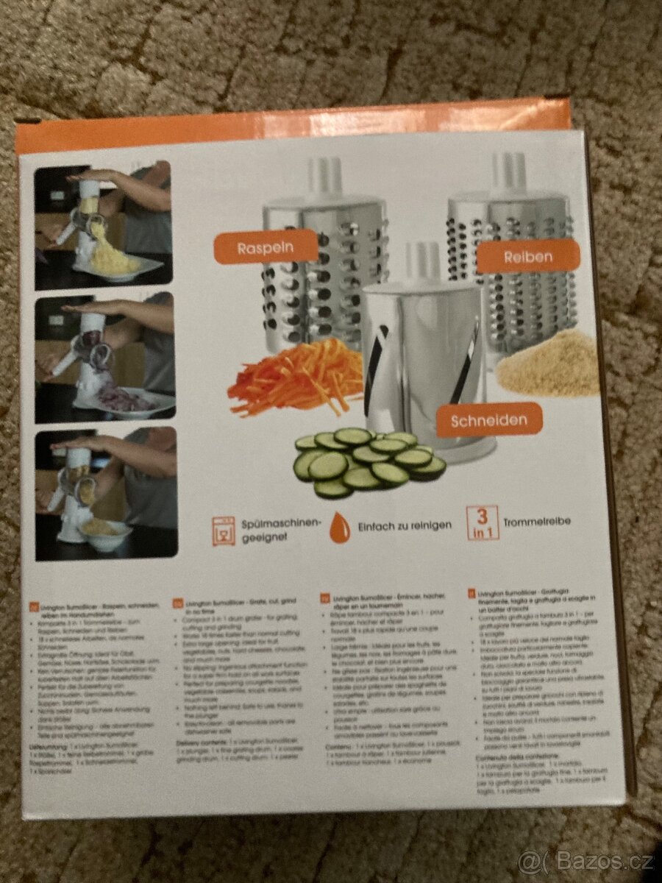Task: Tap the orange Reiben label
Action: [x=527, y=258]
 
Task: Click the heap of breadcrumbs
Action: [x=548, y=364]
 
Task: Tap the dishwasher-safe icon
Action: [x=223, y=531]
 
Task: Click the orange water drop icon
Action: [x=339, y=528]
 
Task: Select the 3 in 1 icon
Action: [x=481, y=523]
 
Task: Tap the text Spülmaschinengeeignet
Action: [x=281, y=530]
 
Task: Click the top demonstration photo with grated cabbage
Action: [x=103, y=224]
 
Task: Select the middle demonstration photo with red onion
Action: [x=104, y=358]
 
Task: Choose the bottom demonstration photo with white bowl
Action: [x=105, y=493]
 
